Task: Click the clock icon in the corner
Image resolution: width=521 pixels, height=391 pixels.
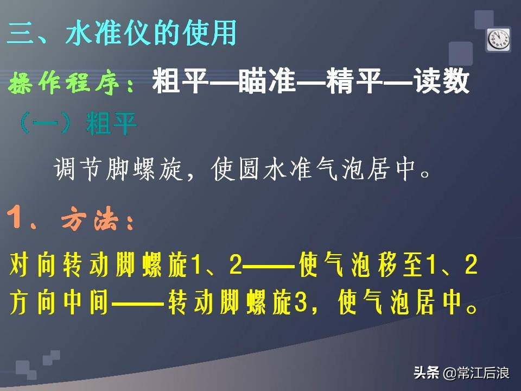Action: tap(499, 39)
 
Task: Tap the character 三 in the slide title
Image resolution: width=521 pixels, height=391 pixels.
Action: tap(21, 34)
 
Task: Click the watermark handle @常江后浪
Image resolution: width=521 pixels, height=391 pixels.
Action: tap(476, 373)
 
